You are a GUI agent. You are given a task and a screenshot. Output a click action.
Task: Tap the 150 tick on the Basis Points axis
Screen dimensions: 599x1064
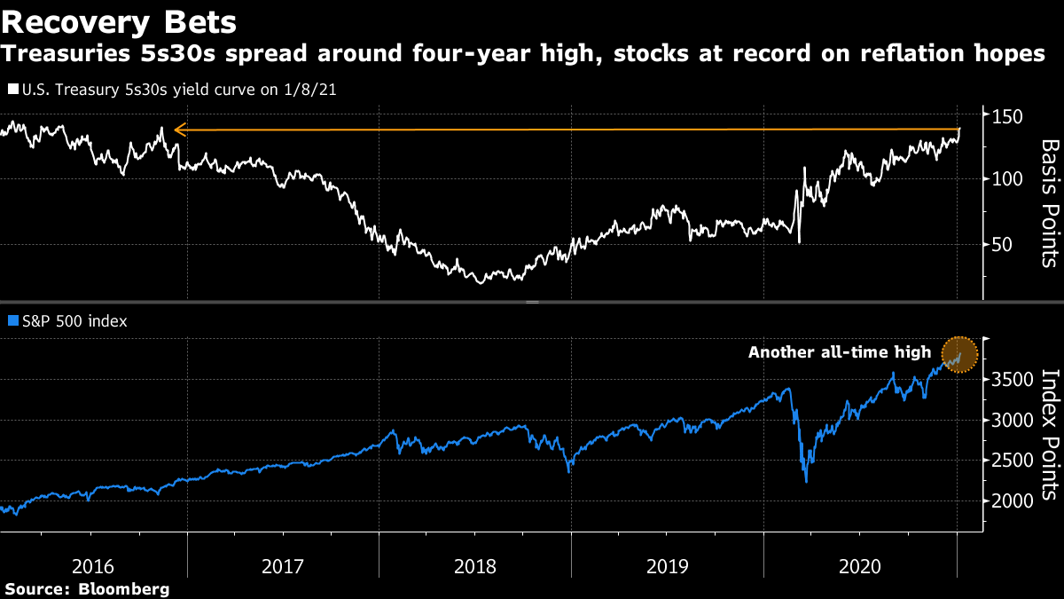[x=1009, y=117]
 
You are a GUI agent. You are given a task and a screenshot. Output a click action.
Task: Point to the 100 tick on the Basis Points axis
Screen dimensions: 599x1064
[x=1009, y=179]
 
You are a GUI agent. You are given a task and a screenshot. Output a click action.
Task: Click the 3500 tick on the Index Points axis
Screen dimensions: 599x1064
[x=1013, y=380]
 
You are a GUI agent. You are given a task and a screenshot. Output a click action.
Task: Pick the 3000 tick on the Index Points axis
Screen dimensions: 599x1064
[x=1013, y=420]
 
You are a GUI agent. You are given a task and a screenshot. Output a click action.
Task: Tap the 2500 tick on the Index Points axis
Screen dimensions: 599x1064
[x=1013, y=460]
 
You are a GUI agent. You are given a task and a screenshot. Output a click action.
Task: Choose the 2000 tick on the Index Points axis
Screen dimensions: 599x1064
[x=1013, y=500]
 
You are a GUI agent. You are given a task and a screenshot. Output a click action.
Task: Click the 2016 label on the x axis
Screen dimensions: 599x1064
[x=92, y=565]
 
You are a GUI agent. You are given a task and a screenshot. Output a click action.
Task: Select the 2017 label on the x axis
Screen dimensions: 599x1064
[x=284, y=565]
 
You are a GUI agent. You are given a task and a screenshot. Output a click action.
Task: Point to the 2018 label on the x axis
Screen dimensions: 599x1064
[x=475, y=565]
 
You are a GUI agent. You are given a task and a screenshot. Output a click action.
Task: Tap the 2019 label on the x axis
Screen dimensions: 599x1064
[x=667, y=565]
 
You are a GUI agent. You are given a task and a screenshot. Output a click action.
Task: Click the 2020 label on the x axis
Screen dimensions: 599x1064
[x=858, y=565]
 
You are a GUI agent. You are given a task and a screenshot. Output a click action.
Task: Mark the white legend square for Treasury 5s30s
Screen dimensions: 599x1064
[x=12, y=90]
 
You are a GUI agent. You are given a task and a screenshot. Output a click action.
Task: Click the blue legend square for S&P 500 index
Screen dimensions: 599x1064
[x=12, y=321]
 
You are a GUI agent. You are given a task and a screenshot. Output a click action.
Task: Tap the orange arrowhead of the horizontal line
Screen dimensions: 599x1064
[x=179, y=130]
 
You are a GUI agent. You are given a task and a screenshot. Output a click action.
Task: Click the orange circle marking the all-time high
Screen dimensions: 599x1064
[x=958, y=355]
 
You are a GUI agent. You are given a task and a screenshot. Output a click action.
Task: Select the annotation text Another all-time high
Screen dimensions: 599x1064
[x=839, y=352]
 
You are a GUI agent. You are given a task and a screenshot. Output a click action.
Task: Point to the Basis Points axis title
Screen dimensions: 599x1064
[x=1049, y=202]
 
